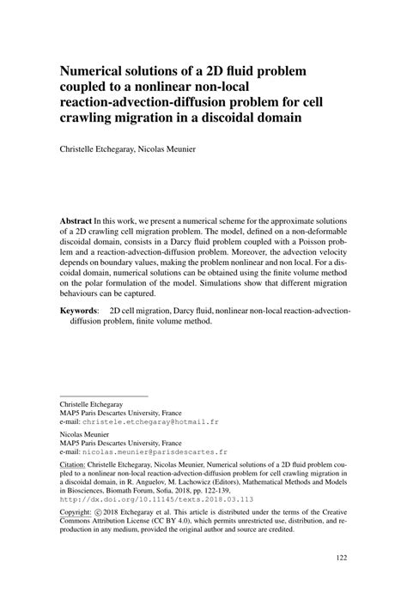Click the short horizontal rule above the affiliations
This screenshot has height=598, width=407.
point(103,396)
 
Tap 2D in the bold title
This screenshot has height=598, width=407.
point(201,69)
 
